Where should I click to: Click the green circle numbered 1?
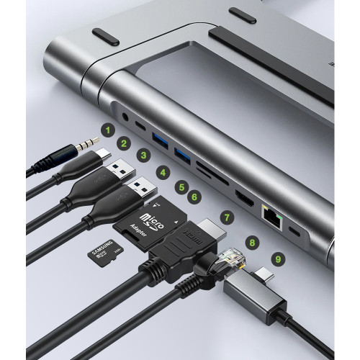pyautogui.click(x=107, y=130)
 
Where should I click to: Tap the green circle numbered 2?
pyautogui.click(x=124, y=143)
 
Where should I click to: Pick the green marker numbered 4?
pyautogui.click(x=163, y=173)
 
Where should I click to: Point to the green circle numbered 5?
pyautogui.click(x=181, y=184)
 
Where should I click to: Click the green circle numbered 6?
pyautogui.click(x=193, y=195)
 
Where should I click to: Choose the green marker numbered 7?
pyautogui.click(x=227, y=215)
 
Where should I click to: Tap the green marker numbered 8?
pyautogui.click(x=252, y=242)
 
